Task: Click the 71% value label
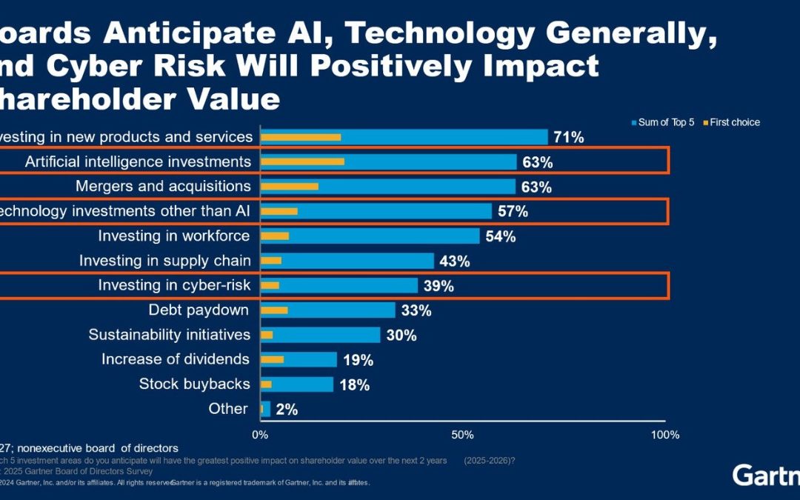568,137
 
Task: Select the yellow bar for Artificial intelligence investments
302,161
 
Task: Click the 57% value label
513,212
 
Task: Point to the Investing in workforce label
174,236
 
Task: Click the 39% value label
439,286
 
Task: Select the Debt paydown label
199,310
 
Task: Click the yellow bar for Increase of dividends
272,359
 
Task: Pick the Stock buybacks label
195,384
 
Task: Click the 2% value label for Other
286,409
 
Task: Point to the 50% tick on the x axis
462,435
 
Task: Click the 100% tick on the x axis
664,435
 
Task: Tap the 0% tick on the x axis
260,435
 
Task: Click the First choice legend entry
734,122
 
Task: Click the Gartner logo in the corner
765,475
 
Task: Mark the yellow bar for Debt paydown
274,310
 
